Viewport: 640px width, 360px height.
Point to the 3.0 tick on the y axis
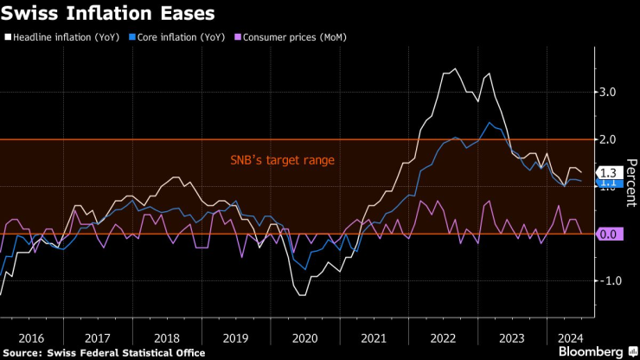click(x=607, y=93)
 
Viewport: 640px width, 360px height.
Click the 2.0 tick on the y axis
click(x=607, y=139)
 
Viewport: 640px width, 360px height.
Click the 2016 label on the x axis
click(x=30, y=337)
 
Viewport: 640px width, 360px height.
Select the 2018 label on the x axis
click(x=167, y=337)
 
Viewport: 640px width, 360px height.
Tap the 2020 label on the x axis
click(x=304, y=337)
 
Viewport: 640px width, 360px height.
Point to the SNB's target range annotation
click(x=281, y=160)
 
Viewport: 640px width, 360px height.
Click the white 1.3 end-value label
click(x=609, y=172)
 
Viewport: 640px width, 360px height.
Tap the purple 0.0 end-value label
click(x=609, y=234)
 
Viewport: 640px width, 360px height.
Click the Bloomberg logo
click(x=591, y=351)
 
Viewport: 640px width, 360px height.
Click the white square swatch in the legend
click(x=8, y=37)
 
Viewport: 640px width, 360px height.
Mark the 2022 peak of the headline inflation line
click(x=455, y=69)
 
